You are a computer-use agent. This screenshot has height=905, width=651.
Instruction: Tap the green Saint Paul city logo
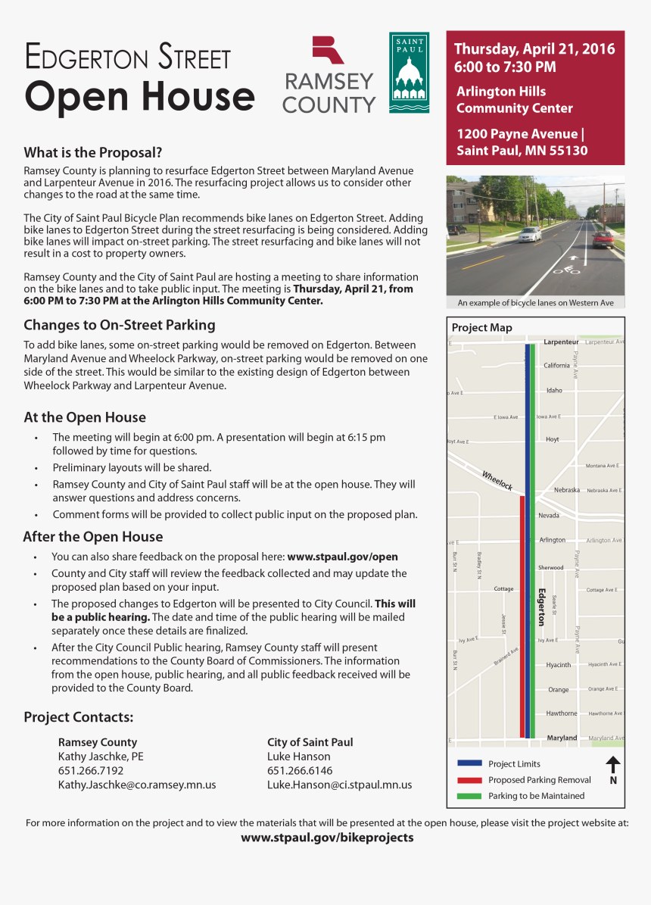point(409,73)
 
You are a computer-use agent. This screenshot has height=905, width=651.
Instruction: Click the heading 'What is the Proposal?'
point(93,152)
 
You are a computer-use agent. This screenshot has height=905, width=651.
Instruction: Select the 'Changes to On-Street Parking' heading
point(120,325)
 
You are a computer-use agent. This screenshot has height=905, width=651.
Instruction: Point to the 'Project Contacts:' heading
point(79,717)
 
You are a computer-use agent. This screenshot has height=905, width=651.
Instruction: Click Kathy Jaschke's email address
point(137,785)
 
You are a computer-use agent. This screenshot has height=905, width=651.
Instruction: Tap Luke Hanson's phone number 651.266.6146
point(300,770)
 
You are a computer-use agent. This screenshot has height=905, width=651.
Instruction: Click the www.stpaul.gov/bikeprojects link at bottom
point(327,838)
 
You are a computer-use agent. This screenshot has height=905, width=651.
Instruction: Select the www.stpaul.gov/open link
point(342,557)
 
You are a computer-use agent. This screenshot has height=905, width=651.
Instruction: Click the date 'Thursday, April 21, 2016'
point(534,49)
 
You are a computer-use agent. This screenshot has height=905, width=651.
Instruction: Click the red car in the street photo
point(603,239)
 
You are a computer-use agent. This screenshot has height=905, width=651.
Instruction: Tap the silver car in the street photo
point(530,234)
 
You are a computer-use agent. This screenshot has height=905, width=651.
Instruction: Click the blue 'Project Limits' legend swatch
point(469,763)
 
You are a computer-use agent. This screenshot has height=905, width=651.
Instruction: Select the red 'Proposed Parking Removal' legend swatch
point(469,780)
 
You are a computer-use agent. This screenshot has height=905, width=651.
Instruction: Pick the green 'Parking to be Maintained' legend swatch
point(469,796)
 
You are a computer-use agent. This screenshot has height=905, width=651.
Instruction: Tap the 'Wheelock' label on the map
point(497,481)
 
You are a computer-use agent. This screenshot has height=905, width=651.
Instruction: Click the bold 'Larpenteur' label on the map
point(561,342)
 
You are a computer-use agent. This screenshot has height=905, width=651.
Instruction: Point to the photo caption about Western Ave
point(535,303)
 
